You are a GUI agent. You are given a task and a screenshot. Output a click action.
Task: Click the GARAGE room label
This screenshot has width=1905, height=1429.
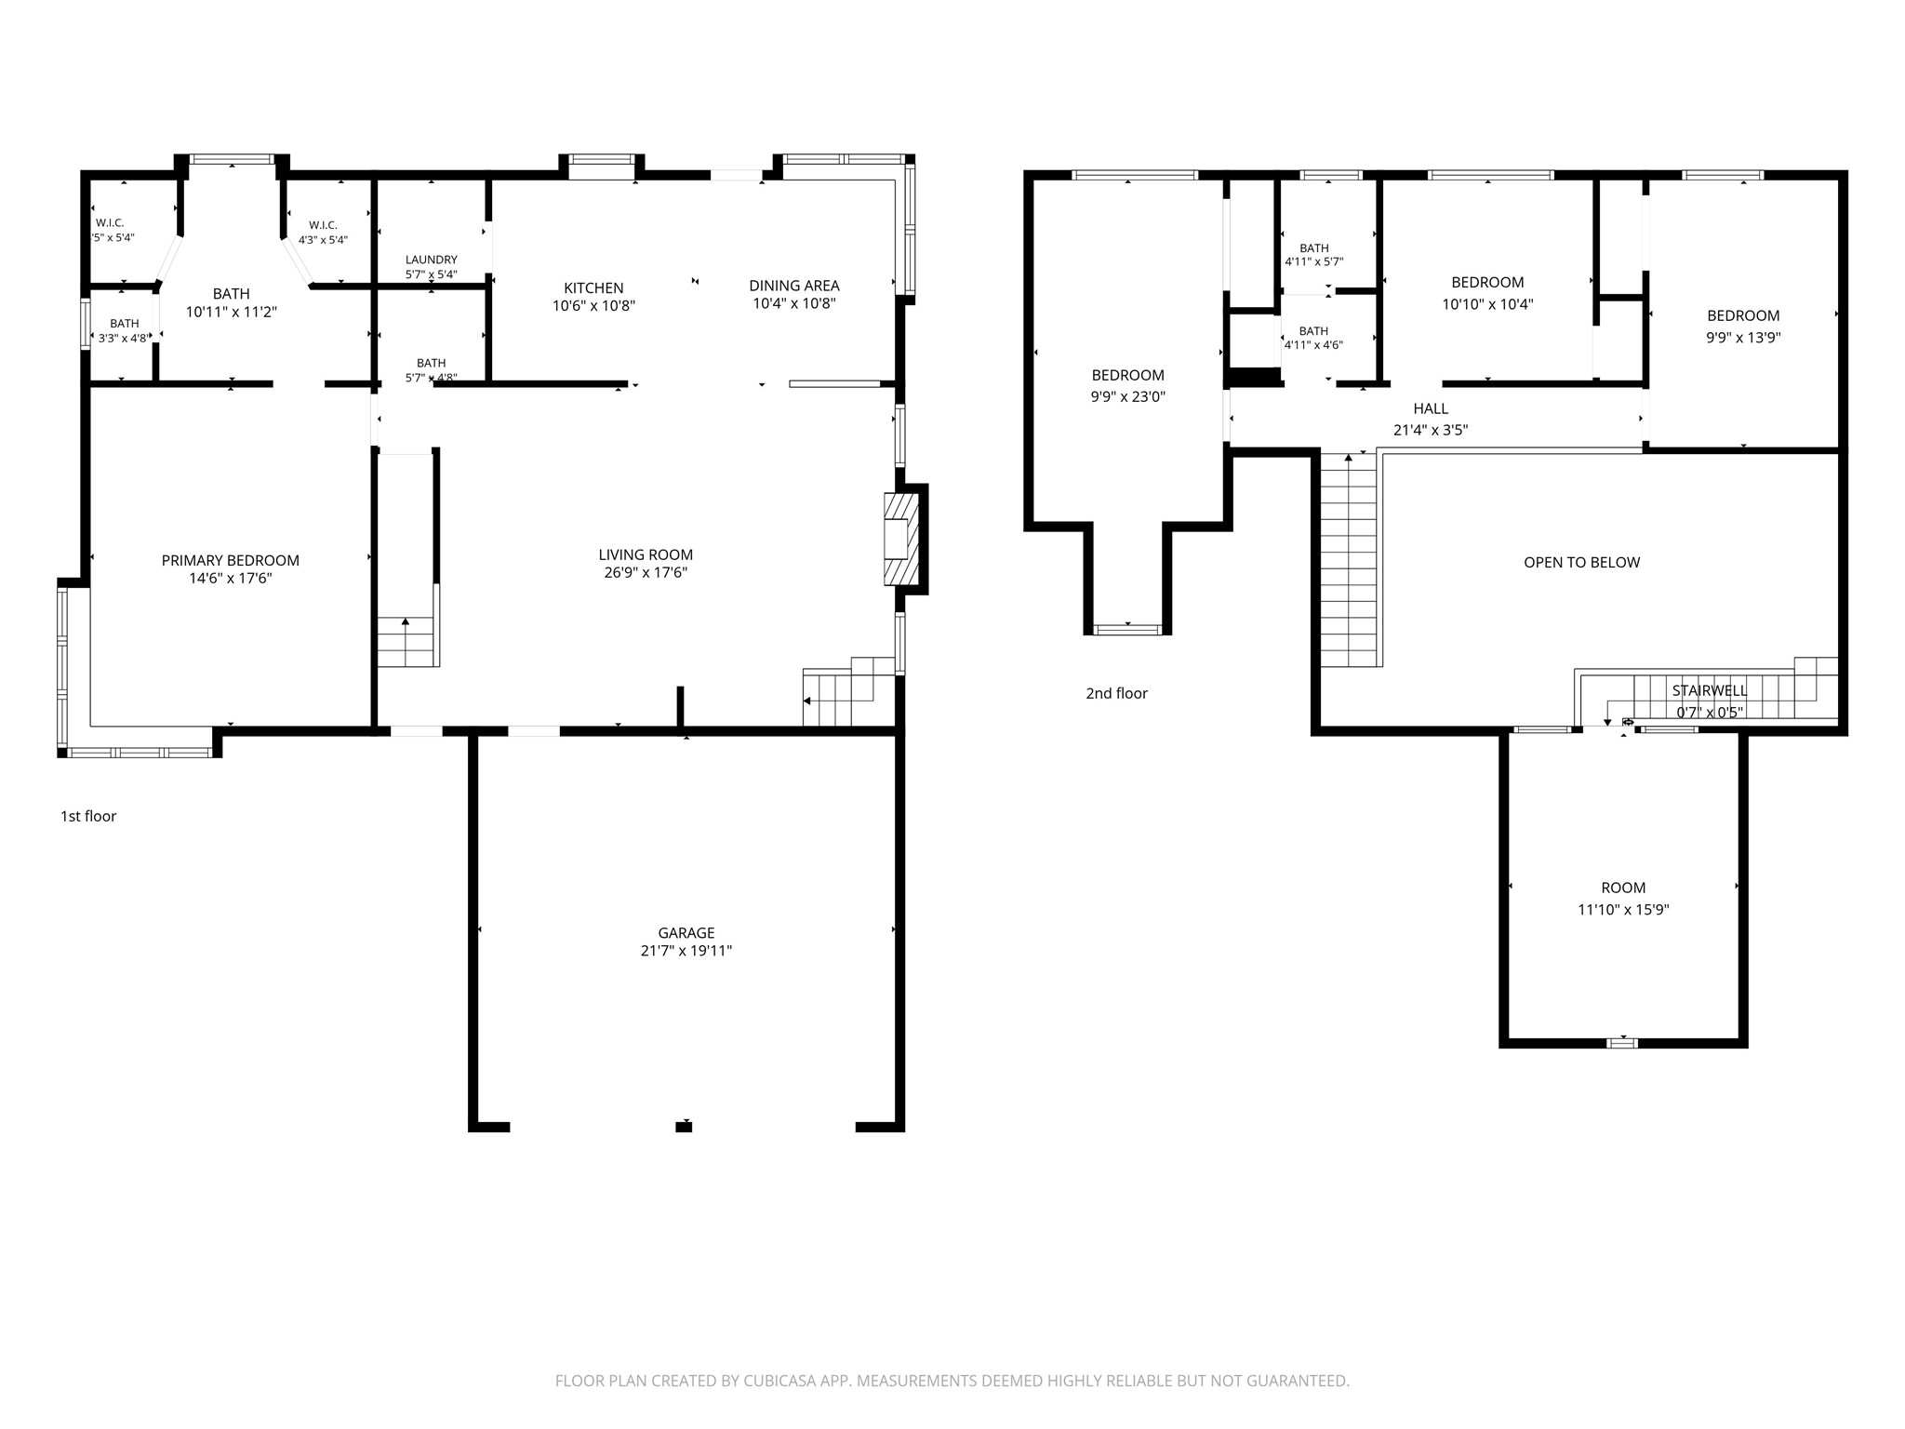point(686,932)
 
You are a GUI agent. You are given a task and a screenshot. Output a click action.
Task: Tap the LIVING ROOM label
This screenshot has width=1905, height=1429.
point(646,554)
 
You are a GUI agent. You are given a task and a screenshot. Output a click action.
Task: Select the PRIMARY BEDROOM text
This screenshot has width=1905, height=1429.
point(231,560)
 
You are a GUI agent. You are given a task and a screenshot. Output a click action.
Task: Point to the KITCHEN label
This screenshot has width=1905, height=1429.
point(593,288)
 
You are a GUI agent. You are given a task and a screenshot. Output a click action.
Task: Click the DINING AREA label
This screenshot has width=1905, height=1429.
point(794,286)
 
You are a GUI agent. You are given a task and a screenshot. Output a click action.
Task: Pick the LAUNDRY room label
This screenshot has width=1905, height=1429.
point(432,260)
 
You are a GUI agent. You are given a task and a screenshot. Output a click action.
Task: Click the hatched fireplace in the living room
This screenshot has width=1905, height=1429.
point(900,539)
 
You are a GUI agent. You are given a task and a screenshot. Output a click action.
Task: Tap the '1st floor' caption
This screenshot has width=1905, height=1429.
point(88,816)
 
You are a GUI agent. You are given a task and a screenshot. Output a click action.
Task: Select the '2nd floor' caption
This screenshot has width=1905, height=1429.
point(1116,693)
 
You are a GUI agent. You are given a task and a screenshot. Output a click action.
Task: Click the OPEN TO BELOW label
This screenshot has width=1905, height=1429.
point(1581,562)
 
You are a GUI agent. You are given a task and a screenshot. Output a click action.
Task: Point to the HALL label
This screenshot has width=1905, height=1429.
point(1431,408)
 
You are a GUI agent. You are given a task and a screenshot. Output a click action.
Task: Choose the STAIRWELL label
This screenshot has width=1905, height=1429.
point(1710,690)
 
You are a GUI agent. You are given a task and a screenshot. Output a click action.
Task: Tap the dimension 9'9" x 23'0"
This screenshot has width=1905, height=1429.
point(1128,396)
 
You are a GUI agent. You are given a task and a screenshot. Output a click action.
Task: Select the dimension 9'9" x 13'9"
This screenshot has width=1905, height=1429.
point(1743,338)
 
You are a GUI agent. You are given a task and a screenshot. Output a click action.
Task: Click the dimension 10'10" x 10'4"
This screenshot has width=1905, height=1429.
point(1487,304)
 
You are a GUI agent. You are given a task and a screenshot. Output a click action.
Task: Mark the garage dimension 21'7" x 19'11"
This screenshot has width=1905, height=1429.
point(686,951)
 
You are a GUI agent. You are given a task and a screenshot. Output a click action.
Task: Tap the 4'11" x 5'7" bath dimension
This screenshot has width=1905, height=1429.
point(1313,262)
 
